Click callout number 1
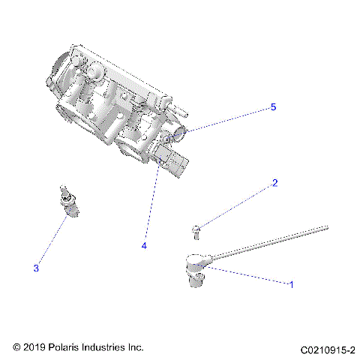tap(291, 283)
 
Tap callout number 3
tap(35, 268)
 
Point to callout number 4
tap(142, 244)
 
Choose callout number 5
tap(273, 107)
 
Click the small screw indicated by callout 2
tap(196, 229)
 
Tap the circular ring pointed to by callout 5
tap(181, 136)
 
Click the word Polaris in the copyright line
tap(62, 348)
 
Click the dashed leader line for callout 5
tap(229, 120)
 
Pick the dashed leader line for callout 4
tap(151, 202)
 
